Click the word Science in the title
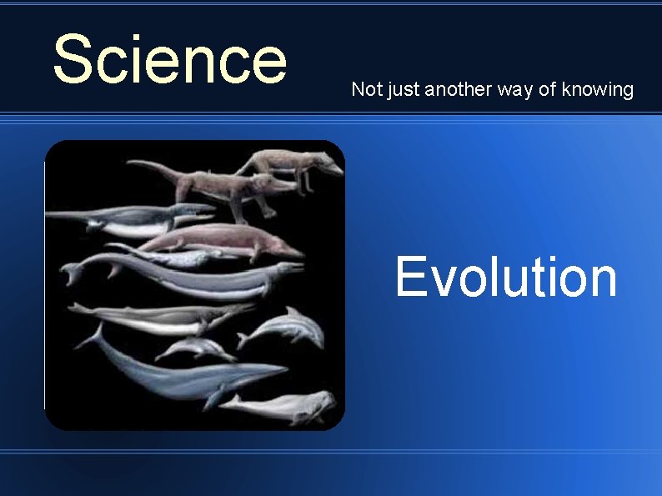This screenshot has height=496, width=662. pos(169,59)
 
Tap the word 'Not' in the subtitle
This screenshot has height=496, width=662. pos(365,89)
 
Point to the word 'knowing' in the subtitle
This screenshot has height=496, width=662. pos(597,89)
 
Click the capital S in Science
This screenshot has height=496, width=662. pos(71,59)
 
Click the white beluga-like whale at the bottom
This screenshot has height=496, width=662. pos(283,407)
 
